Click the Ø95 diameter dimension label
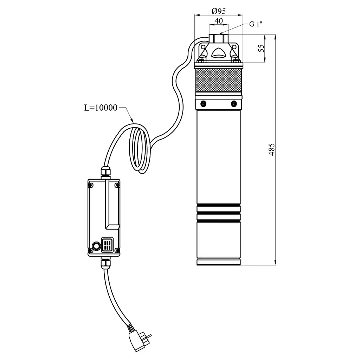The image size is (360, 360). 219,11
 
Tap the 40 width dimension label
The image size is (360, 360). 219,21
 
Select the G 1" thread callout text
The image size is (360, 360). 256,24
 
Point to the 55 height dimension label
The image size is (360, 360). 261,48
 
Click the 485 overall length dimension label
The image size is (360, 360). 272,149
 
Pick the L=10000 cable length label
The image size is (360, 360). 101,108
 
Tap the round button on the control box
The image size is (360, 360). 96,246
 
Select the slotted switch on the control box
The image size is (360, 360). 107,245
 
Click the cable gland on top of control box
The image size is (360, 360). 105,173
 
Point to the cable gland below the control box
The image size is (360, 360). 105,262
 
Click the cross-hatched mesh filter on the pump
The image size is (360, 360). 218,81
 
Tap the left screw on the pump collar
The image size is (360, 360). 203,104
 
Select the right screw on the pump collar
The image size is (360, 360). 234,104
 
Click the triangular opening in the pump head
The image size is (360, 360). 218,53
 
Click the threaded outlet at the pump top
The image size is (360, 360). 219,38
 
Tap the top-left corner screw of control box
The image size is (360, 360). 91,185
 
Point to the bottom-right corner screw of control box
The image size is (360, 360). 117,250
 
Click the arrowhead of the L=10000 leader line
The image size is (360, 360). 131,120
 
